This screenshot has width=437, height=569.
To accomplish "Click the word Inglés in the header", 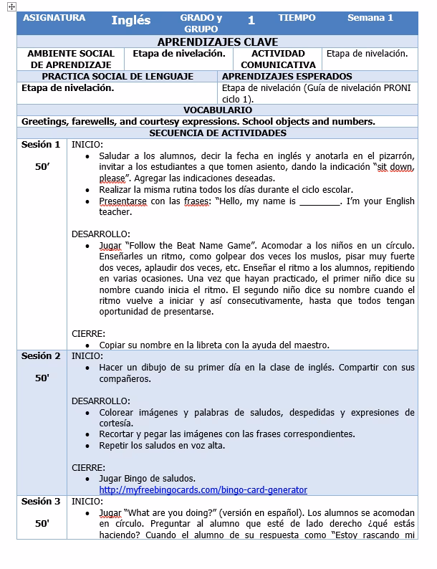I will [130, 20].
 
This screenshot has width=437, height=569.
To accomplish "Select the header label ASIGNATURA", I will [54, 18].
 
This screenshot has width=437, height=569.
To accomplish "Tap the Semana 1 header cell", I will [370, 18].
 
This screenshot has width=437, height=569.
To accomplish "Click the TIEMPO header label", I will [297, 18].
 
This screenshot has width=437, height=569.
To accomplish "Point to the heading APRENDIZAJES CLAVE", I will [217, 42].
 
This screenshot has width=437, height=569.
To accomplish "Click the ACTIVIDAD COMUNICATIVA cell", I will [278, 59].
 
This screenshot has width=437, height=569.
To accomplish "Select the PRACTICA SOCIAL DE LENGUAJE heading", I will [117, 76].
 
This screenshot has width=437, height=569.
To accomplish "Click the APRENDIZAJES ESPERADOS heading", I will [287, 76].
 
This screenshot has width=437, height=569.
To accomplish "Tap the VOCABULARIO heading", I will [217, 110].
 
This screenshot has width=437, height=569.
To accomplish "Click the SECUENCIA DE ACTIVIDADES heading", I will [217, 133].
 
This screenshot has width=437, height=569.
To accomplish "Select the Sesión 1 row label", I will [41, 145].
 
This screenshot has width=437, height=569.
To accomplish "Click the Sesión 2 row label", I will [41, 356].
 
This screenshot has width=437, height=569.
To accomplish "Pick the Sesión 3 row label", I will [41, 502].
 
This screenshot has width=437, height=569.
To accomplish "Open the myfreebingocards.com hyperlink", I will [203, 490].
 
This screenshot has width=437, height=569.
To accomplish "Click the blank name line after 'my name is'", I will [320, 201].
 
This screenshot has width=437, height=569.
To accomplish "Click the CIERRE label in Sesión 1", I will [89, 333].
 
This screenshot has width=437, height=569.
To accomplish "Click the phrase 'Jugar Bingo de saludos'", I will [147, 478].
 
